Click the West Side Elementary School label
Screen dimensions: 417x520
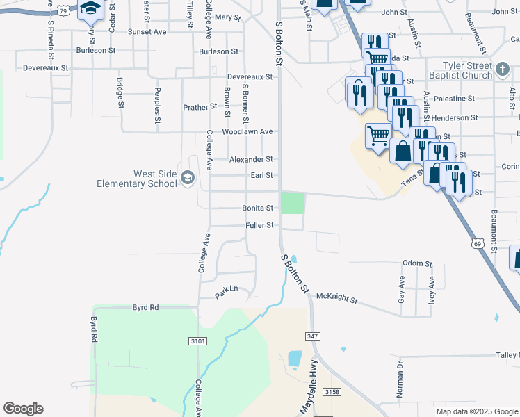click(136, 179)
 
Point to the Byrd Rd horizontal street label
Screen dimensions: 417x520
click(145, 306)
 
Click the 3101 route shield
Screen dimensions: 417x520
click(197, 341)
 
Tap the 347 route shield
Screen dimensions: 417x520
click(312, 336)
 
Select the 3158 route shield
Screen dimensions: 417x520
click(332, 392)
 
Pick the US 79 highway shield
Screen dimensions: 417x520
click(63, 10)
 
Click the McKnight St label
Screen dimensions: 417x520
click(336, 299)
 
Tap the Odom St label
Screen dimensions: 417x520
click(417, 264)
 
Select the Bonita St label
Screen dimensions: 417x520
click(258, 208)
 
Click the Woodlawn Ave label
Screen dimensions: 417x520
click(247, 131)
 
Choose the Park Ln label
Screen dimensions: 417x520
click(226, 292)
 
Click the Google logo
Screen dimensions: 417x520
click(22, 409)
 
